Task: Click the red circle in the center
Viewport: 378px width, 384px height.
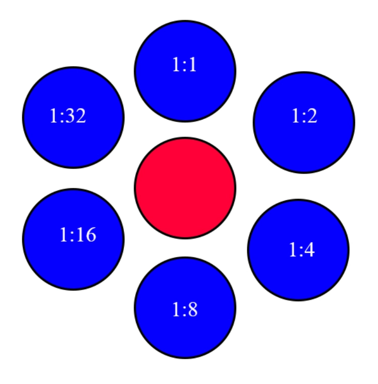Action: click(x=185, y=188)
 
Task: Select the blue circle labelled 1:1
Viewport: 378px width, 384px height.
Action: click(x=185, y=71)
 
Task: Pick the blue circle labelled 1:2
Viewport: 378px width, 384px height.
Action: click(x=304, y=123)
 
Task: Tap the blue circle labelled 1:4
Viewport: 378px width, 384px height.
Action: click(x=298, y=250)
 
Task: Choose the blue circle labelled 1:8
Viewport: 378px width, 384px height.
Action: click(x=185, y=308)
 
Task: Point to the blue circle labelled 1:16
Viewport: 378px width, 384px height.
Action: click(x=73, y=239)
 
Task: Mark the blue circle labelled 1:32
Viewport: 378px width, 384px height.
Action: click(x=73, y=117)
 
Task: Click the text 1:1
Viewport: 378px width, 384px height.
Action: click(x=184, y=65)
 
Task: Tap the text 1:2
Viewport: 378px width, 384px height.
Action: click(x=304, y=116)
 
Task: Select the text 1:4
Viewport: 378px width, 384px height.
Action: click(x=302, y=250)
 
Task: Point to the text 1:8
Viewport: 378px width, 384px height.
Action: click(x=185, y=309)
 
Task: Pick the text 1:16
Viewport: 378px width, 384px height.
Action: click(x=78, y=235)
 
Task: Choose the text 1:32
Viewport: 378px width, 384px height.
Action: click(x=68, y=116)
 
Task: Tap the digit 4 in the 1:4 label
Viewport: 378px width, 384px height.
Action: click(x=309, y=250)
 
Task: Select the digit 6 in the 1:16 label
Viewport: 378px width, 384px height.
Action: click(x=91, y=235)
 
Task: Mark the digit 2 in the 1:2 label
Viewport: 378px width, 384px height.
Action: click(x=311, y=116)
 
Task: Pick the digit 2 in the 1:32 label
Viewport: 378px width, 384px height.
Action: click(x=81, y=116)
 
